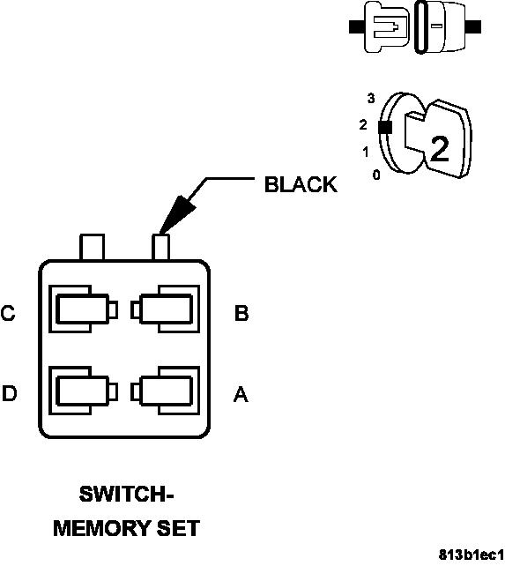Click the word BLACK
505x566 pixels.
pyautogui.click(x=301, y=184)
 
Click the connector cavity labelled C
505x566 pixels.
pyautogui.click(x=81, y=309)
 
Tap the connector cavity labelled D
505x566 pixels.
pyautogui.click(x=81, y=390)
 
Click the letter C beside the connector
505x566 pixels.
pyautogui.click(x=9, y=313)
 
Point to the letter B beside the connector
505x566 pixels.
pyautogui.click(x=241, y=313)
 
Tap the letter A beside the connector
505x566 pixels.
pyautogui.click(x=240, y=395)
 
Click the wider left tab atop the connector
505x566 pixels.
pyautogui.click(x=93, y=247)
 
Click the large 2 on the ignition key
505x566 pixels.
pyautogui.click(x=438, y=149)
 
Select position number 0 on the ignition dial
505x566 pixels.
pyautogui.click(x=376, y=175)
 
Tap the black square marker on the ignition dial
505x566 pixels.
pyautogui.click(x=383, y=127)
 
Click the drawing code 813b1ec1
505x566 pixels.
pyautogui.click(x=472, y=555)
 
